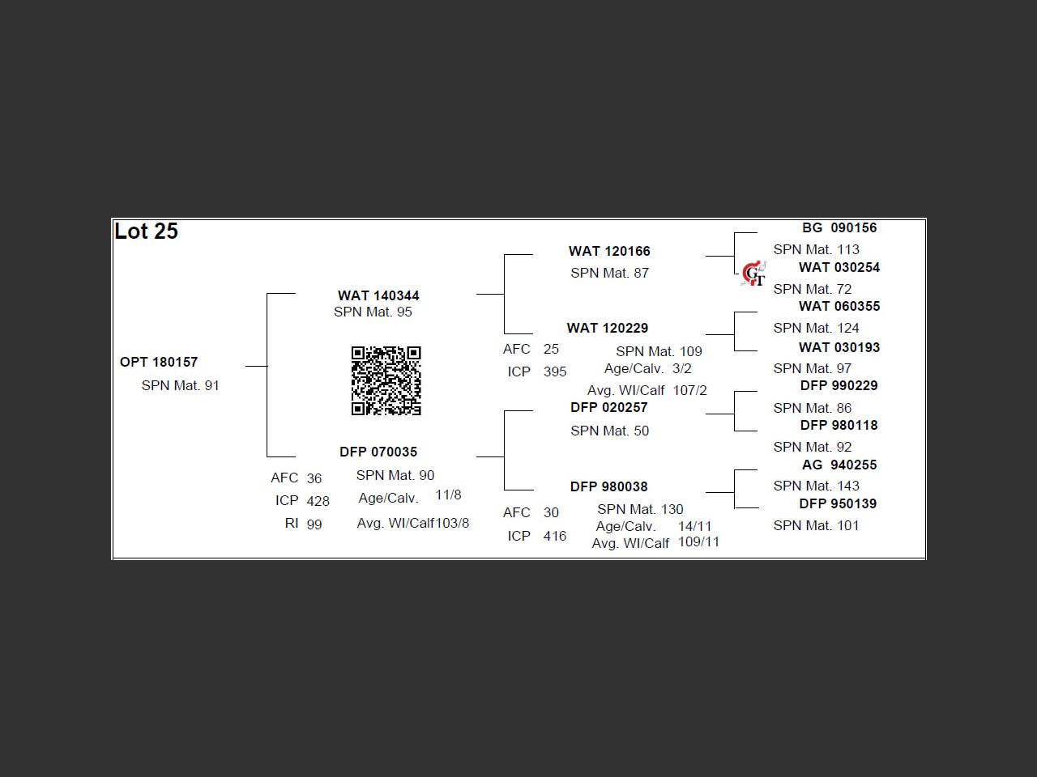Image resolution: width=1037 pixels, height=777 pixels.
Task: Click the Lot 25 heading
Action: click(x=147, y=231)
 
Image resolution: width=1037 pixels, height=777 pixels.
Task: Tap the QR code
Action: click(x=386, y=380)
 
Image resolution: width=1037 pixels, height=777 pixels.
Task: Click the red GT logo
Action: click(x=753, y=274)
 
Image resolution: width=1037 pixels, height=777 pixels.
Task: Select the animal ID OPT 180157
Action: click(x=159, y=362)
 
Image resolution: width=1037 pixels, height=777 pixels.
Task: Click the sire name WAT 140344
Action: click(x=378, y=295)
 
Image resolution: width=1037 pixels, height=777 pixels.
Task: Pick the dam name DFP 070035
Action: click(x=378, y=452)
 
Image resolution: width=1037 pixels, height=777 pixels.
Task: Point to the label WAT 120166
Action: click(x=609, y=251)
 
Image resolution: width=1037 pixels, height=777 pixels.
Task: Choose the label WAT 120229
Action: click(x=608, y=328)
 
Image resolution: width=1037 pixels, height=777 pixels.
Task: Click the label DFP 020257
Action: click(x=609, y=407)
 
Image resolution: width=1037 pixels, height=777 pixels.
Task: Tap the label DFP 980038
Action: click(x=609, y=486)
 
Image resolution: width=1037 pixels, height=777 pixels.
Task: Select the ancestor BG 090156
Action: click(x=839, y=227)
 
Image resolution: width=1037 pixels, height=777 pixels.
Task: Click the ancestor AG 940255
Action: click(x=839, y=465)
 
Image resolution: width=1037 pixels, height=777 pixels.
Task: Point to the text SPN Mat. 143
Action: click(x=816, y=486)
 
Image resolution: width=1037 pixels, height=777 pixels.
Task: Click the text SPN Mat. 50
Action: click(x=609, y=431)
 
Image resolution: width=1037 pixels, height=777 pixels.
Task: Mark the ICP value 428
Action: click(x=318, y=501)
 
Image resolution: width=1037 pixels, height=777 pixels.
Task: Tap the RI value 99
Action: click(x=314, y=524)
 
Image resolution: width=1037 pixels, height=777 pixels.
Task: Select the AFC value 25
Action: click(x=551, y=349)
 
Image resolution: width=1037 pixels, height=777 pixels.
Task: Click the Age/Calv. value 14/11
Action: click(x=695, y=526)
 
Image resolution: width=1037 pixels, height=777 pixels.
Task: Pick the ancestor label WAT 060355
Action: click(x=839, y=306)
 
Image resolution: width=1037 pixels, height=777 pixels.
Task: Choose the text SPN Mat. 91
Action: click(x=180, y=385)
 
